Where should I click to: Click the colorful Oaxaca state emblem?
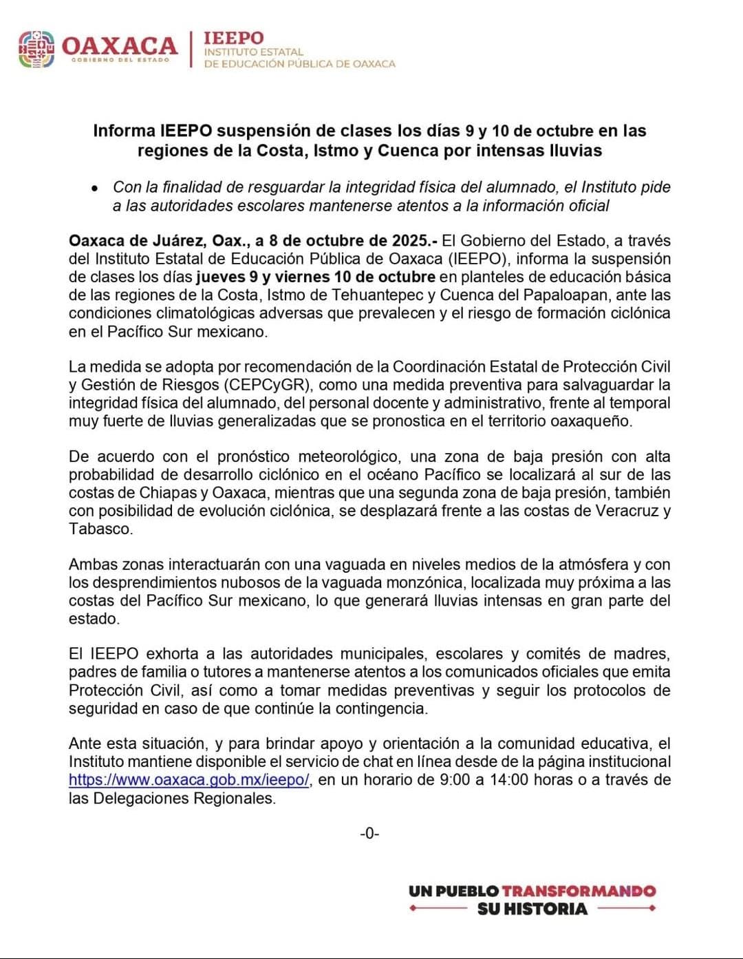click(x=36, y=50)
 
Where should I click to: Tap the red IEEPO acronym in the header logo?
click(x=233, y=39)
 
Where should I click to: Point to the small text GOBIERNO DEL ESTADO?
click(x=120, y=60)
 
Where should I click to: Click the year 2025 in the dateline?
click(x=411, y=241)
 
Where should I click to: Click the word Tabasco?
click(x=100, y=529)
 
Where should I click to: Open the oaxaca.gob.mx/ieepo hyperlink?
click(x=189, y=780)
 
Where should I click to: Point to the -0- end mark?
click(x=369, y=834)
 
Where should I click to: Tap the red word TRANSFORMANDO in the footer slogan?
click(x=579, y=891)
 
